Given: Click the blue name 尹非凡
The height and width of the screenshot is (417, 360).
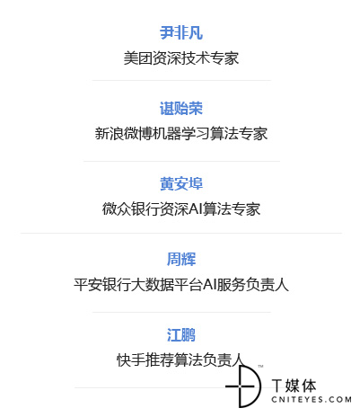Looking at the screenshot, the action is (181, 32).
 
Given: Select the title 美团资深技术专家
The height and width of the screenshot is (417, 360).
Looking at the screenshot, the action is (181, 58).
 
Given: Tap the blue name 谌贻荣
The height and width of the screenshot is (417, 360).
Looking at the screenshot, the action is (181, 108).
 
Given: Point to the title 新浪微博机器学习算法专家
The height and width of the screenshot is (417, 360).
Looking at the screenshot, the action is (181, 134).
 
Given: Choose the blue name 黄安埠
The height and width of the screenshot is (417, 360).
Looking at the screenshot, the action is (181, 183).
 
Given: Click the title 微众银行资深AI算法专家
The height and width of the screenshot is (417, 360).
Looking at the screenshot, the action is (181, 209).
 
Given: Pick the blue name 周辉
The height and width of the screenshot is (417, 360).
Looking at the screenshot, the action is (181, 259).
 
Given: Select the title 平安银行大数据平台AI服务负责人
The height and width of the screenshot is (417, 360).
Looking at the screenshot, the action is (181, 285).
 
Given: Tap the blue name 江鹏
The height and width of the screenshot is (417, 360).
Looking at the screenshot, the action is (181, 334).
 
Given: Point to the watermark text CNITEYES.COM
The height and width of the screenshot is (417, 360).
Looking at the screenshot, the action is (312, 399).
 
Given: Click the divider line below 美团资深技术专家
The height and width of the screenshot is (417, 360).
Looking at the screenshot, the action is (181, 80).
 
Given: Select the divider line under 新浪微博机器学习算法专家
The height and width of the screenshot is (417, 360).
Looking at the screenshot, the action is (181, 161).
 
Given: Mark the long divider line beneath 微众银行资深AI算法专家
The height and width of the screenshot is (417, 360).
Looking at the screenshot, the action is (181, 233).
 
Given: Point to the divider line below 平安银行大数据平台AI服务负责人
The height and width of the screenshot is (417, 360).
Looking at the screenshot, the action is (181, 312).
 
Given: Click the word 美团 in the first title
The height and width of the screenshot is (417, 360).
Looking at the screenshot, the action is (138, 58).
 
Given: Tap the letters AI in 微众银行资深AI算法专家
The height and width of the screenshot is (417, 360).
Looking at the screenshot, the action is (196, 209).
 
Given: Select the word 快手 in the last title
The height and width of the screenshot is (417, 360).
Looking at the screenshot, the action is (131, 359).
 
